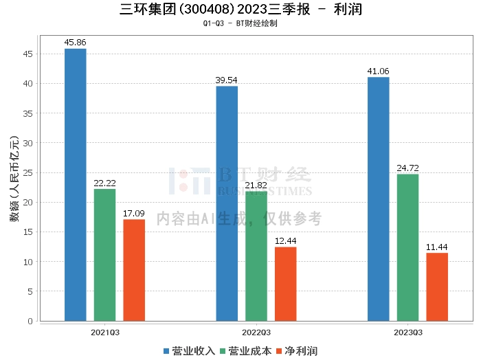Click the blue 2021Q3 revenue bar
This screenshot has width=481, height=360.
click(x=75, y=185)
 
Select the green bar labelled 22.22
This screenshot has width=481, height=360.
click(x=104, y=255)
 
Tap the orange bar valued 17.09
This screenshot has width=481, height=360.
click(x=134, y=270)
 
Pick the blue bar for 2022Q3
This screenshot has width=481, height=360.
click(x=227, y=203)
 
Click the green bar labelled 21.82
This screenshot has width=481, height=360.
click(x=256, y=256)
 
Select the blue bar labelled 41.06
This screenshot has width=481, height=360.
click(x=378, y=199)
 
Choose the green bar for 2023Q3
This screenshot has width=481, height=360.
click(x=407, y=247)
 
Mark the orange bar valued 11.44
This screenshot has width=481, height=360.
click(x=437, y=287)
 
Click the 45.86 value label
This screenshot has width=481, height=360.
click(x=75, y=43)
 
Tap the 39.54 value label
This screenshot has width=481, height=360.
click(x=227, y=80)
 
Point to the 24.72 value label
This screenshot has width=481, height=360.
click(x=407, y=168)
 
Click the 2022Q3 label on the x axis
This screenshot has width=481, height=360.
click(x=256, y=332)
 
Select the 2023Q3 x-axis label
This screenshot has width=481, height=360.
click(x=407, y=332)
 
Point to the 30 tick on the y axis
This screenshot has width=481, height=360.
click(x=28, y=143)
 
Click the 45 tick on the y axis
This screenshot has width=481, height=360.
click(x=28, y=54)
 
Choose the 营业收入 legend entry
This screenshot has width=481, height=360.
click(x=189, y=351)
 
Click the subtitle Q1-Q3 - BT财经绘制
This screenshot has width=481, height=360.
click(x=240, y=24)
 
